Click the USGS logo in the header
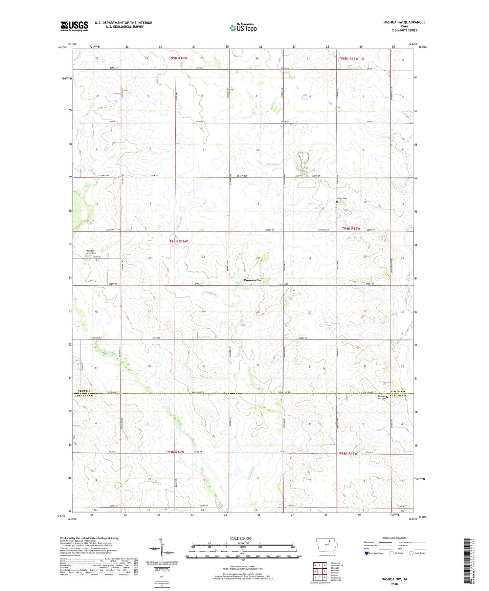[74, 26]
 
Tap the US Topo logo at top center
[243, 28]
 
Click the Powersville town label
[252, 280]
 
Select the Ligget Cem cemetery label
[342, 198]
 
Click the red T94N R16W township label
[178, 241]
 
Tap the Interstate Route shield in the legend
[367, 553]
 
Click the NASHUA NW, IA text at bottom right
[394, 579]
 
